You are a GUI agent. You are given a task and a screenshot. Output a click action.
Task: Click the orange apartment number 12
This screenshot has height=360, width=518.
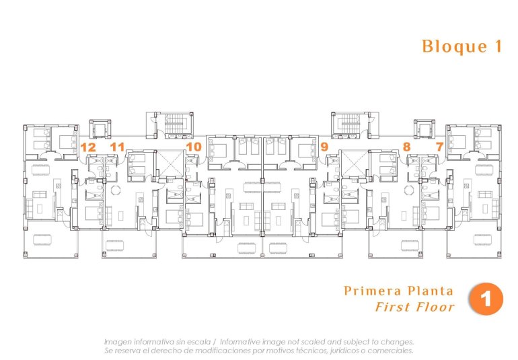[x=87, y=146]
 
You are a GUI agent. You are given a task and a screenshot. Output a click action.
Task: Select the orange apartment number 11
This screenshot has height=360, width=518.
[x=118, y=146]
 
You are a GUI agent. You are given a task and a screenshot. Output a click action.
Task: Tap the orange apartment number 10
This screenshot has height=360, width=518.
[x=194, y=146]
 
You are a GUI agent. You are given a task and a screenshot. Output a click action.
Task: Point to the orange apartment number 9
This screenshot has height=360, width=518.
[x=324, y=146]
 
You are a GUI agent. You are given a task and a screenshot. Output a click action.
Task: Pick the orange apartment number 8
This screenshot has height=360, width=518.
[x=406, y=146]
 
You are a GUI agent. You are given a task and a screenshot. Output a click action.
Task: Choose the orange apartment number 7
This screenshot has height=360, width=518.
[x=439, y=146]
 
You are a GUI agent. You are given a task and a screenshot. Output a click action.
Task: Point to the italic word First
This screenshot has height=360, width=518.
[x=392, y=308]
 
